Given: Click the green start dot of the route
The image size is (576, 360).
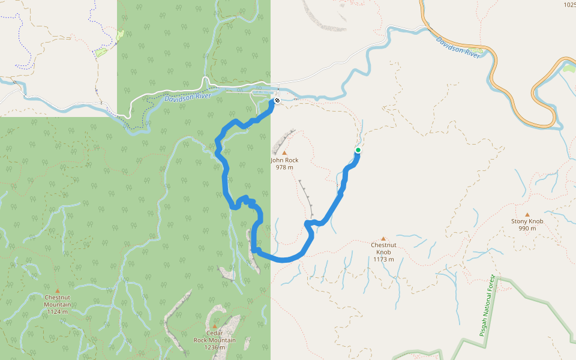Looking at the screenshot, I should pyautogui.click(x=358, y=150).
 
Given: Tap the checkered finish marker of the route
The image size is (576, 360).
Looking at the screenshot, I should pyautogui.click(x=277, y=100).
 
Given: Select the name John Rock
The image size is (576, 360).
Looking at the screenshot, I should pyautogui.click(x=284, y=160).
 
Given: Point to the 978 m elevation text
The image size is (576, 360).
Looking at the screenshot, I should pyautogui.click(x=284, y=167).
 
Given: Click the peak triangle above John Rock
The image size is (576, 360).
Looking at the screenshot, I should pyautogui.click(x=284, y=153).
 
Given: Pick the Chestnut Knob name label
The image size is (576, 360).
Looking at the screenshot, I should pyautogui.click(x=383, y=248).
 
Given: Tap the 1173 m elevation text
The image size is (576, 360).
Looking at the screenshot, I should pyautogui.click(x=383, y=259).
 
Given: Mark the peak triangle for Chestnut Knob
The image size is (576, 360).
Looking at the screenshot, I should pyautogui.click(x=383, y=238).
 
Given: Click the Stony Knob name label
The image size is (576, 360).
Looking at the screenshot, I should pyautogui.click(x=527, y=221).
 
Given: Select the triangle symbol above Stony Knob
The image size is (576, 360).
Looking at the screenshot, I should pyautogui.click(x=527, y=214).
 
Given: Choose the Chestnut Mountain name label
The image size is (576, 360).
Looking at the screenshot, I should pyautogui.click(x=58, y=301).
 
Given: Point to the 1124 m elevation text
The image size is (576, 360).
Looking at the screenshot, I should pyautogui.click(x=58, y=311).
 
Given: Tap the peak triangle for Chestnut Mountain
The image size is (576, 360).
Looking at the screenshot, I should pyautogui.click(x=58, y=290).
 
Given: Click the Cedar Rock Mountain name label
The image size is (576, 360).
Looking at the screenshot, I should pyautogui.click(x=214, y=337).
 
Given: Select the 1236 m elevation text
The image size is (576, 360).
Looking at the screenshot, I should pyautogui.click(x=214, y=347).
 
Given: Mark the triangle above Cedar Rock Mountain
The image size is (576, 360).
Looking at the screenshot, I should pyautogui.click(x=214, y=326).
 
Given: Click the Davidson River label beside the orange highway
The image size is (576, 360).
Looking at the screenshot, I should pyautogui.click(x=458, y=47).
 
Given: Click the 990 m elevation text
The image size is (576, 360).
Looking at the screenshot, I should pyautogui.click(x=527, y=229).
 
